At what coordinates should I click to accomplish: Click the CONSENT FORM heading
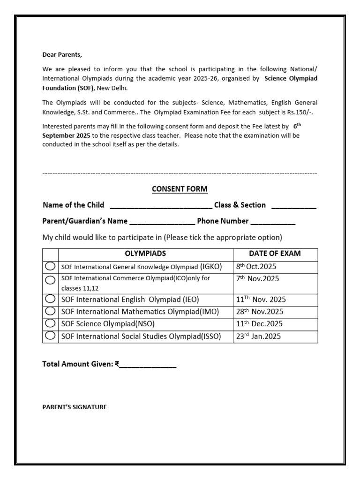[x=180, y=189]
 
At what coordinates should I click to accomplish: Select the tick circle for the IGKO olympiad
[x=50, y=266]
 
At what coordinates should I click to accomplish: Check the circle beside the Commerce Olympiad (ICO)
[x=50, y=280]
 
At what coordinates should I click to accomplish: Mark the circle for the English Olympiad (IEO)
[x=50, y=299]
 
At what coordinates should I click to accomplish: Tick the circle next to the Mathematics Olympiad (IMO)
[x=50, y=311]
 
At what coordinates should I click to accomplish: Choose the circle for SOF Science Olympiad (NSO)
[x=50, y=323]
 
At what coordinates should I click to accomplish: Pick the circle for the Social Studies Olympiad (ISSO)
[x=50, y=336]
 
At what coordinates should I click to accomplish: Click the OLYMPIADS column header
[x=145, y=254]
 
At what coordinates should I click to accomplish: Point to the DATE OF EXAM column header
[x=275, y=254]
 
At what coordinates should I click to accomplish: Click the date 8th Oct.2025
[x=256, y=266]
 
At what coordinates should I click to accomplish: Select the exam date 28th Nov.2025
[x=259, y=311]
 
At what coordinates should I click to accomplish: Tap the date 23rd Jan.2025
[x=258, y=336]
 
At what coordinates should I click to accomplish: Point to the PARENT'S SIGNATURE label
[x=75, y=407]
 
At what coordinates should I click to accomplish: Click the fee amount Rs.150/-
[x=300, y=112]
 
